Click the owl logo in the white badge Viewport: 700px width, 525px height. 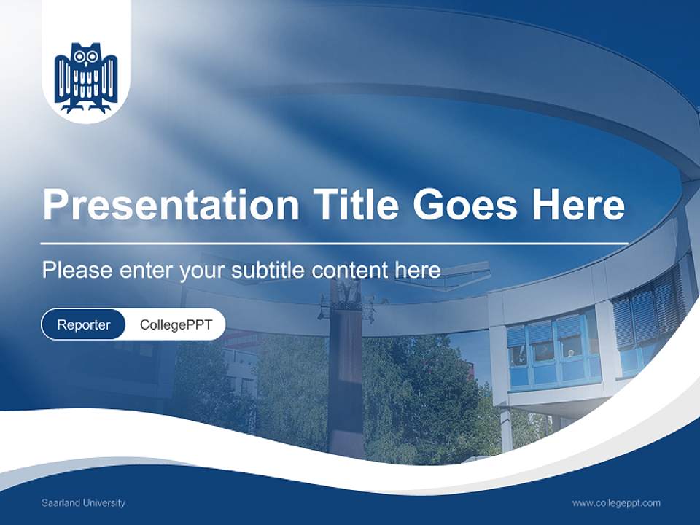pos(86,78)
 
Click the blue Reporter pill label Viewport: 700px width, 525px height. pos(84,324)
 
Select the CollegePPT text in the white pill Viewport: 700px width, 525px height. pos(176,324)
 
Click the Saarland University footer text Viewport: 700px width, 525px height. pos(83,502)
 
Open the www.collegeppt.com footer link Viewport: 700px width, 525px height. pos(616,502)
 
